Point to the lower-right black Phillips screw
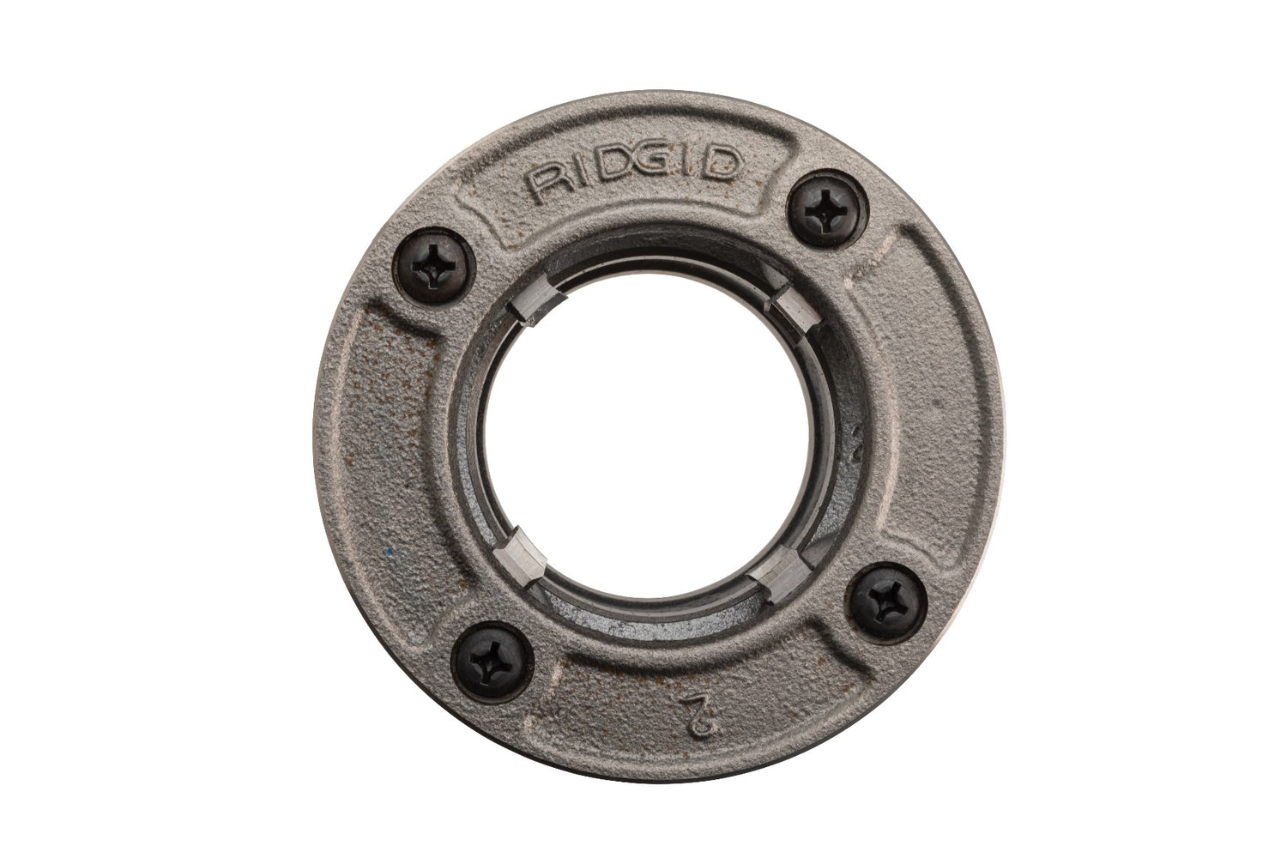[x=879, y=595]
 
